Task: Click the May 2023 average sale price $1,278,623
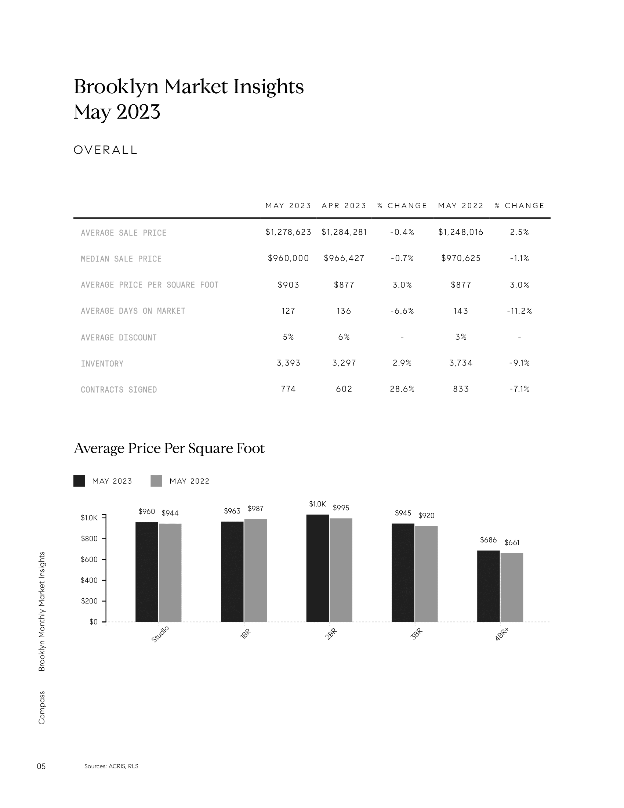click(x=289, y=232)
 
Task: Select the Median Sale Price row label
click(x=121, y=259)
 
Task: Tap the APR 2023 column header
click(x=344, y=206)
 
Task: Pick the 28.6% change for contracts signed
click(x=402, y=389)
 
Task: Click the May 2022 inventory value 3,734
click(x=461, y=363)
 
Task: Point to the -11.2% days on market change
click(x=519, y=311)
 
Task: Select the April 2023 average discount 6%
click(x=344, y=337)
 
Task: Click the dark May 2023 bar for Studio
click(x=147, y=571)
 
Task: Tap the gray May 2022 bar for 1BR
click(x=255, y=570)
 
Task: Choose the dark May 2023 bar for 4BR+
click(x=488, y=586)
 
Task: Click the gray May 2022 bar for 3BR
click(x=426, y=574)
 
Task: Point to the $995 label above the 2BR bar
click(x=341, y=508)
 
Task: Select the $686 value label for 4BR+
click(x=488, y=540)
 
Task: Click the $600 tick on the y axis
click(x=89, y=559)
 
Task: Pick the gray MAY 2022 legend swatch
click(x=156, y=481)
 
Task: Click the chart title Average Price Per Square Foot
click(x=169, y=448)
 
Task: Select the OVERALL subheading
click(x=105, y=150)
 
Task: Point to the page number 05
click(x=41, y=766)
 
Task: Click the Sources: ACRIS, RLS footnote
click(x=111, y=766)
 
